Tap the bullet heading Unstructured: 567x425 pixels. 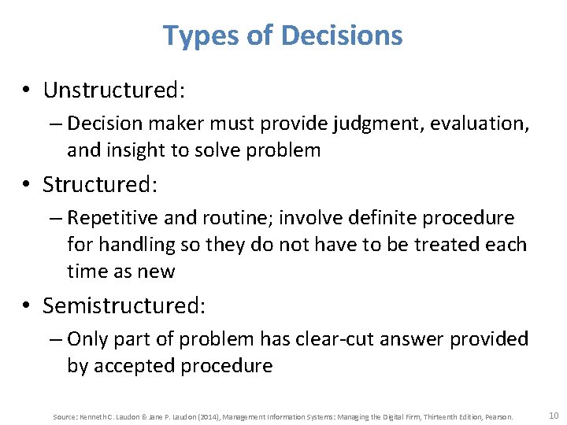[x=114, y=91]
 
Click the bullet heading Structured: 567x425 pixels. [x=101, y=185]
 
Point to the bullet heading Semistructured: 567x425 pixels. [x=124, y=305]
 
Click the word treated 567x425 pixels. [x=443, y=245]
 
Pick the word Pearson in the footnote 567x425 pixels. [x=498, y=416]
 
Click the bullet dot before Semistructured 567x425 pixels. [x=29, y=305]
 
